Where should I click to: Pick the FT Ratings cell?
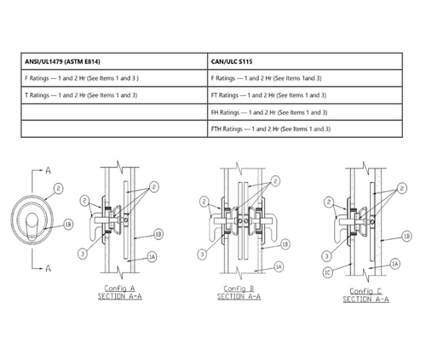pyautogui.click(x=268, y=94)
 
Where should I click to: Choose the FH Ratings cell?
pyautogui.click(x=268, y=112)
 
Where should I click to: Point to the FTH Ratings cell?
pyautogui.click(x=270, y=129)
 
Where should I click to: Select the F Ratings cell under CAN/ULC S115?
pyautogui.click(x=267, y=77)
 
